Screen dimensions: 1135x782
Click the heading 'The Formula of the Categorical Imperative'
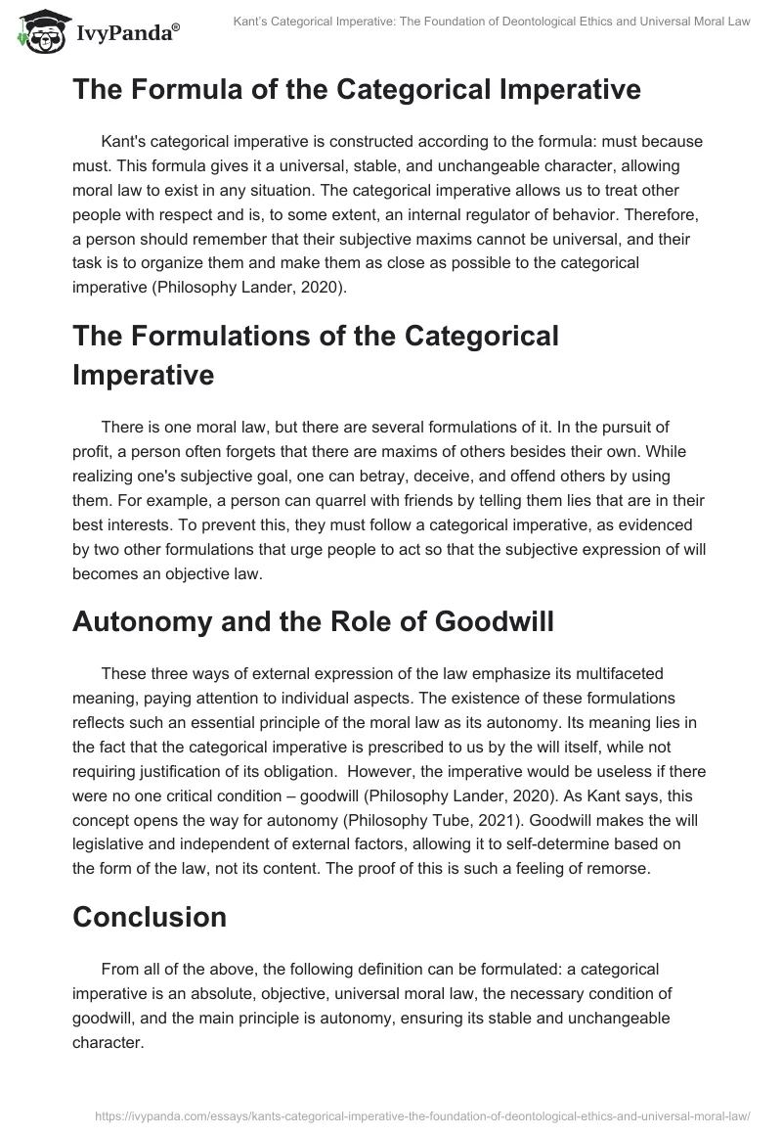click(356, 89)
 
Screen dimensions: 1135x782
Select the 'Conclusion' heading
click(149, 917)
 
